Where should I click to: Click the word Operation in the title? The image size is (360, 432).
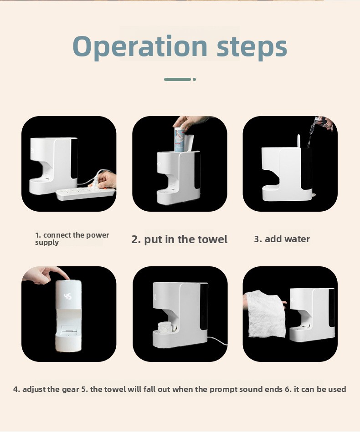click(x=140, y=47)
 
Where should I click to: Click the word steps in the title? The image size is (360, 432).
click(x=252, y=47)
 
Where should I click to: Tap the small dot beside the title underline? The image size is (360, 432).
click(x=195, y=79)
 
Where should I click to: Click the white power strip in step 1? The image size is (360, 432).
click(x=86, y=193)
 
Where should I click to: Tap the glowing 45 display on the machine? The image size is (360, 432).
click(x=67, y=296)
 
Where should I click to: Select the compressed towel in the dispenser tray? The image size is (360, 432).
click(x=165, y=327)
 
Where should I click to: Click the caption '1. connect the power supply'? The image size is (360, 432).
click(x=72, y=239)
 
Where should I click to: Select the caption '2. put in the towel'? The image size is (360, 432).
click(x=179, y=239)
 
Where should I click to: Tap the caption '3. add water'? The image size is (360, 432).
click(x=282, y=239)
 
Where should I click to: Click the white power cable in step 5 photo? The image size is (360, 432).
click(x=217, y=341)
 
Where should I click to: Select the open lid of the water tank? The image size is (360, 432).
click(x=298, y=141)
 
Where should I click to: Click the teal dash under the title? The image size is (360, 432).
click(x=177, y=79)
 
